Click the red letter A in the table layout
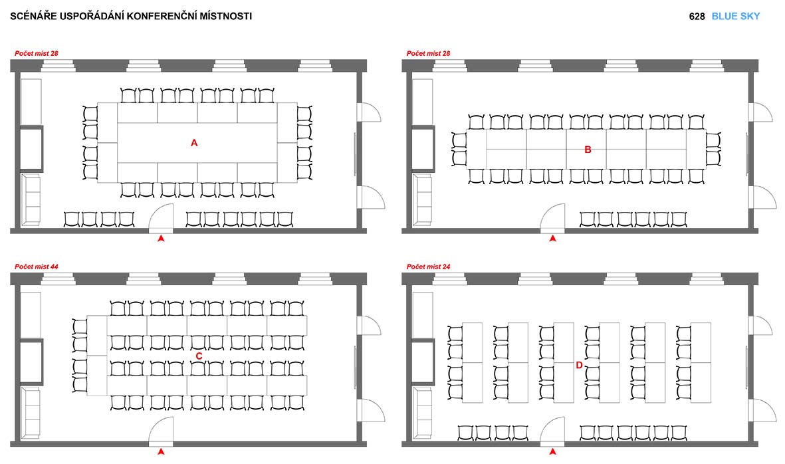194,143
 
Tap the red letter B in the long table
588,150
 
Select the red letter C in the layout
199,356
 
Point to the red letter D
579,366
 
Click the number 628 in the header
697,17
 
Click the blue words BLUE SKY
735,17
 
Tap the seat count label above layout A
36,53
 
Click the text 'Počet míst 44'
36,267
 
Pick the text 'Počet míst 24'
428,267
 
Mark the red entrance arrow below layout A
161,239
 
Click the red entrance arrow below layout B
553,239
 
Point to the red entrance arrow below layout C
161,452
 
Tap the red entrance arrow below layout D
553,452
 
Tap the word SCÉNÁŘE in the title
33,16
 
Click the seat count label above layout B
428,53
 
